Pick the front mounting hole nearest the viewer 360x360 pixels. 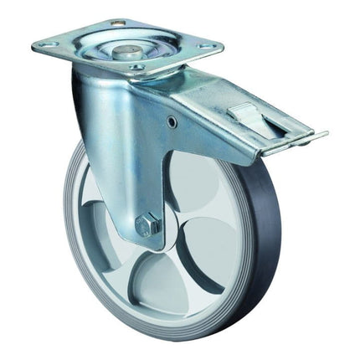pos(137,67)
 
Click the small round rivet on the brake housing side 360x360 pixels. pos(172,122)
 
